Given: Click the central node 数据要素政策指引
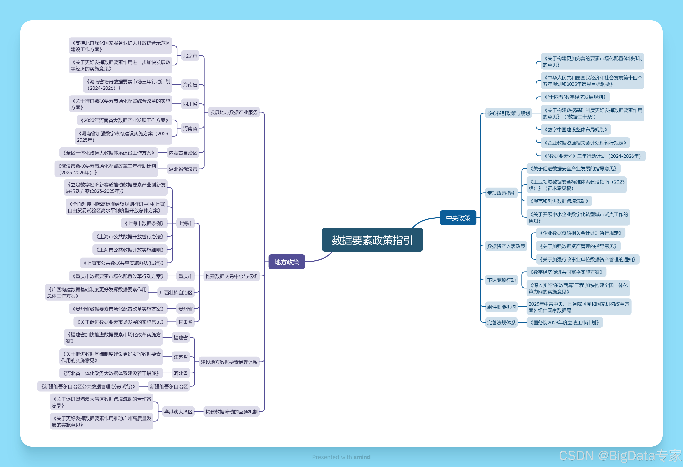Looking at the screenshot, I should click(x=372, y=240).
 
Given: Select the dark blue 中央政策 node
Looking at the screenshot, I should click(x=458, y=218).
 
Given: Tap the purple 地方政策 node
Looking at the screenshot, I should click(x=286, y=262).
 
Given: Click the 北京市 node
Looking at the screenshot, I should click(x=190, y=56).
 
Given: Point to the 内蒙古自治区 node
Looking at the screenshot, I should click(x=183, y=153).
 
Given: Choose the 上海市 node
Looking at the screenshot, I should click(x=185, y=223).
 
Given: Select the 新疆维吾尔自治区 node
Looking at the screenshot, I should click(x=169, y=386).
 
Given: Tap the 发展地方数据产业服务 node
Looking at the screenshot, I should click(x=234, y=112).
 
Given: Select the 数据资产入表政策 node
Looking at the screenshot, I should click(x=506, y=246).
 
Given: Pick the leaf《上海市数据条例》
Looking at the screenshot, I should click(x=144, y=223).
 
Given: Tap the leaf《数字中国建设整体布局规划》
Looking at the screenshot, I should click(x=576, y=130).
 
